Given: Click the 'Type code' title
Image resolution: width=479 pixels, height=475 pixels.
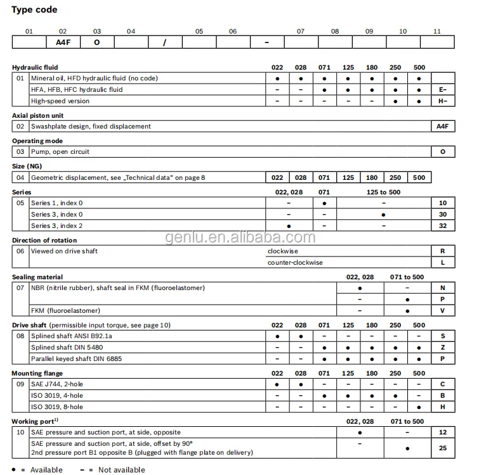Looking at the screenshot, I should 34,9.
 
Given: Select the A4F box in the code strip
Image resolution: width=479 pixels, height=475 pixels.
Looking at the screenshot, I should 63,42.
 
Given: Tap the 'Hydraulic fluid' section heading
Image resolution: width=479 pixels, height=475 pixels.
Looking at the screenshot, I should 35,67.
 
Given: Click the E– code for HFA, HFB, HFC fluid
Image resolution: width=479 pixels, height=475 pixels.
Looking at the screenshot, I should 443,90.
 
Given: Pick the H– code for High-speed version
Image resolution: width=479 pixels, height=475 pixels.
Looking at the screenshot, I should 443,101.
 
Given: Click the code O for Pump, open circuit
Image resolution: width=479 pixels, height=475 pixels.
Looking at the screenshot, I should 443,152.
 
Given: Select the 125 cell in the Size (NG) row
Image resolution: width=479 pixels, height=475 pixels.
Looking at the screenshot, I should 348,178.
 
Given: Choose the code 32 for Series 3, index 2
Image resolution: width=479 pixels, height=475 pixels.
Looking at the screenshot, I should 443,226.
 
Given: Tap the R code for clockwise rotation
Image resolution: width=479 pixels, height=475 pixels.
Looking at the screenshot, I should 443,251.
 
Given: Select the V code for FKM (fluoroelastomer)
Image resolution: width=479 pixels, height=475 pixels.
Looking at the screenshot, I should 443,311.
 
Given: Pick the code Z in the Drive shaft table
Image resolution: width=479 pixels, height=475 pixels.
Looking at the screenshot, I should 443,348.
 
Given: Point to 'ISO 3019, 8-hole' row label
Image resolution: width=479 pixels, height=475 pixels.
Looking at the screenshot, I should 57,407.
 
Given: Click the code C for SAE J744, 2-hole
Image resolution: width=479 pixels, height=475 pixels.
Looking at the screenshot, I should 443,384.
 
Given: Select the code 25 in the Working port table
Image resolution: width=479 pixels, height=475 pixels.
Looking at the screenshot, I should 443,448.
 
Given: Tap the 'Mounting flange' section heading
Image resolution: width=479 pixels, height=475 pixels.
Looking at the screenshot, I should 37,374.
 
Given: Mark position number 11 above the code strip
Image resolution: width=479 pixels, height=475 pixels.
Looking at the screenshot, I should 437,30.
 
